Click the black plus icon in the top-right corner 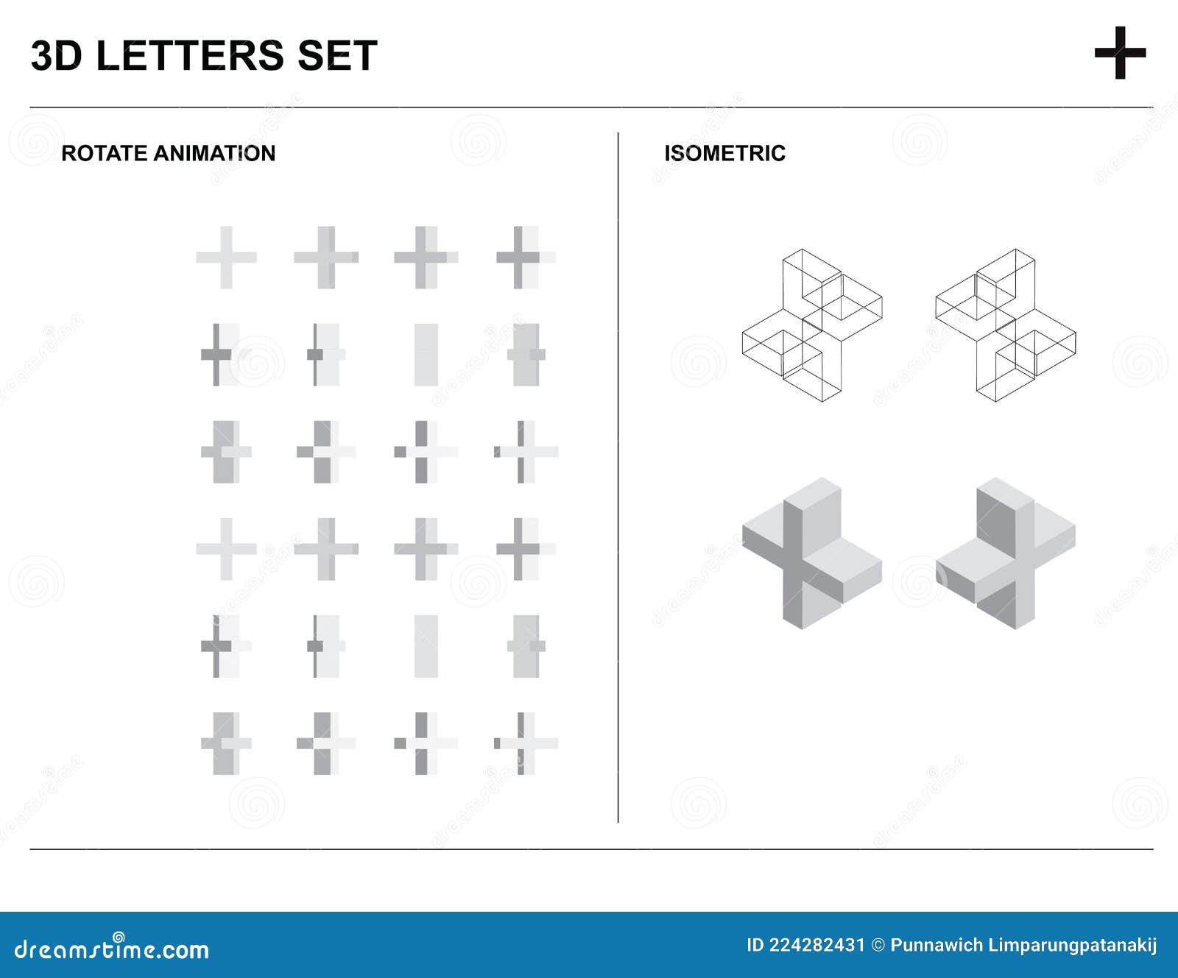point(1120,53)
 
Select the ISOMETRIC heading point(724,153)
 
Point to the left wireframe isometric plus point(811,325)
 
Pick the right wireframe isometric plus point(1006,325)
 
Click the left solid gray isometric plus point(811,553)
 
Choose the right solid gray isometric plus point(1006,553)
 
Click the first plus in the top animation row point(226,258)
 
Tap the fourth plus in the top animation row point(524,258)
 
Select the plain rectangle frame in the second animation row point(426,355)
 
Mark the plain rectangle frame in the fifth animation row point(426,646)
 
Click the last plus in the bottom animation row point(524,743)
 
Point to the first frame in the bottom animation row point(226,743)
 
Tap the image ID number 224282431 point(817,946)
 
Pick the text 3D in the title point(56,56)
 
